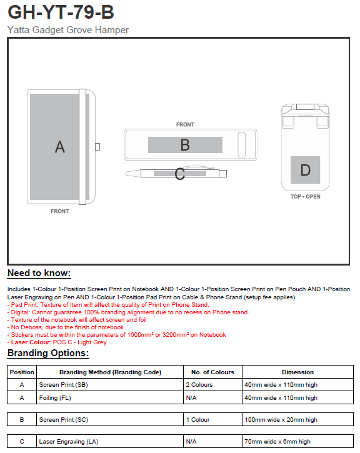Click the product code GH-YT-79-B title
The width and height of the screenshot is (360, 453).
coord(61,12)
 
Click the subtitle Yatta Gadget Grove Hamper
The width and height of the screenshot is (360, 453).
coord(68,30)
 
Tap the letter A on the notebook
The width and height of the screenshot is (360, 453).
coord(60,147)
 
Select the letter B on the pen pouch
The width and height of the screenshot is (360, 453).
coord(185,145)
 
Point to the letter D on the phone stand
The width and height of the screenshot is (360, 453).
coord(306,170)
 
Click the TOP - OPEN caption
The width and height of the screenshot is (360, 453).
coord(306,196)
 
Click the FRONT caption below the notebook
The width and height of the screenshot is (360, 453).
coord(60,211)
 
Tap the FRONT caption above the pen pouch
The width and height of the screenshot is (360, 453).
coord(185,124)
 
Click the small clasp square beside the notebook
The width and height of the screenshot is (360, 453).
coord(97,147)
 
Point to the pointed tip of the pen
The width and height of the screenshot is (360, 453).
coord(126,173)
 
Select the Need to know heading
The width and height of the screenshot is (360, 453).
coord(39,273)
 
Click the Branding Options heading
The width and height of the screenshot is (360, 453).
coord(48,353)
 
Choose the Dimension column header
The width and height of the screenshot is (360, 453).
coord(297,372)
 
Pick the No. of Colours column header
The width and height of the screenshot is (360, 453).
coord(212,372)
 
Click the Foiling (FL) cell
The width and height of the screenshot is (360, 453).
coord(55,398)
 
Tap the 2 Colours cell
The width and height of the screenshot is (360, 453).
coord(199,385)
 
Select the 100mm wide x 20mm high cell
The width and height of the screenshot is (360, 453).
coord(281,420)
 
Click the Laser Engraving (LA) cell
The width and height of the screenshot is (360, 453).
coord(69,442)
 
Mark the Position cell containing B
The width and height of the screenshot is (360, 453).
coord(22,420)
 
